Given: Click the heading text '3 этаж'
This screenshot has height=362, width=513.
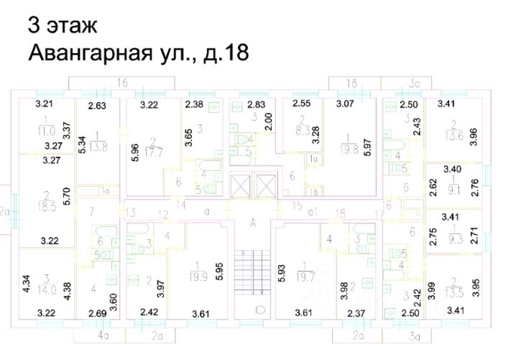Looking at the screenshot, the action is [61, 26].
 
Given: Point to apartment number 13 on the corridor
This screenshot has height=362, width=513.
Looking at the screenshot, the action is [130, 212].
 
